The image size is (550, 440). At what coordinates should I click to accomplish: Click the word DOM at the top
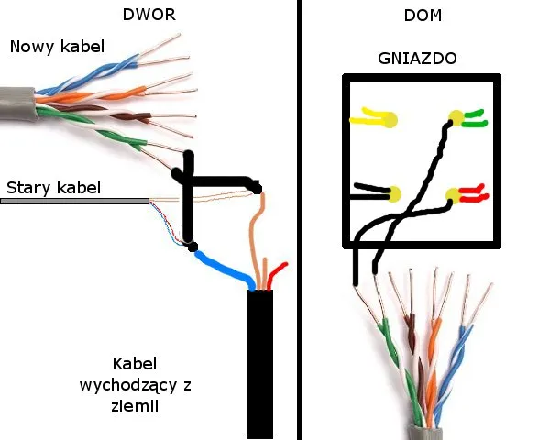(419, 16)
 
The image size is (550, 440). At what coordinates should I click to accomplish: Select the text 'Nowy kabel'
(57, 47)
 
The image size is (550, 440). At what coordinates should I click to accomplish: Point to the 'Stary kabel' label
(53, 188)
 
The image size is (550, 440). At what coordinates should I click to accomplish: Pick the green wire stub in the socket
(476, 116)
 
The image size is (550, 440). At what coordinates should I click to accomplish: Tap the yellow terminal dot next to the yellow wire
(390, 119)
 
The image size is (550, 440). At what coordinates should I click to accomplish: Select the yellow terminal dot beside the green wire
(455, 117)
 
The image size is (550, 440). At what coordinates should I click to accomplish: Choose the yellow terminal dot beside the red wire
(454, 194)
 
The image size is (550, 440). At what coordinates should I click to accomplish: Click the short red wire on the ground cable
(279, 272)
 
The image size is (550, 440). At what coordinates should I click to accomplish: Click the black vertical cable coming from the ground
(260, 367)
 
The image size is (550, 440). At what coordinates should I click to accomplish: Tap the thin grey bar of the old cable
(73, 200)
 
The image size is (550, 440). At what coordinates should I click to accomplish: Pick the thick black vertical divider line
(301, 220)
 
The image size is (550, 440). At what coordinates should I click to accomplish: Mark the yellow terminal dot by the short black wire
(395, 194)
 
